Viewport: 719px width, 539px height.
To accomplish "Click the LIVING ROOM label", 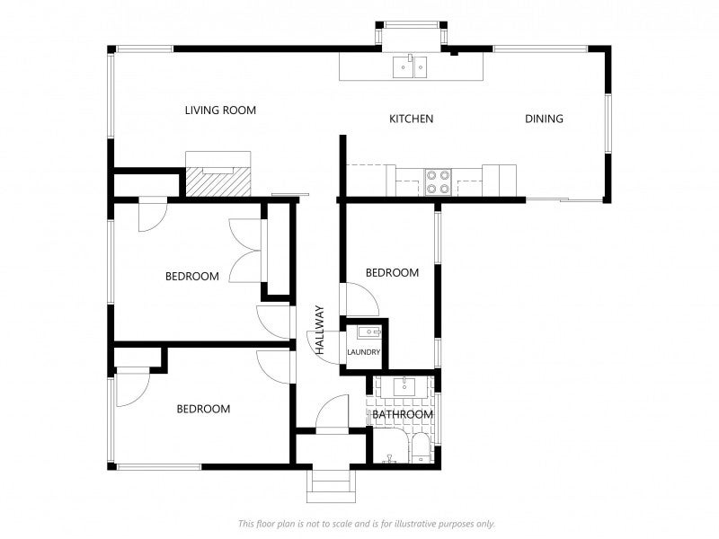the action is (220, 110).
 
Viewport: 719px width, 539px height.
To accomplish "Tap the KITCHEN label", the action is (412, 119).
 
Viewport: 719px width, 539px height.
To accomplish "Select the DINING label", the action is (544, 119).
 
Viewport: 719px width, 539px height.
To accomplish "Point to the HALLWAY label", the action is (320, 330).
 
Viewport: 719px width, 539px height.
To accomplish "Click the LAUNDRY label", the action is (364, 352).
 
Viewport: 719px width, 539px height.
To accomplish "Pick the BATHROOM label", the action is (403, 415).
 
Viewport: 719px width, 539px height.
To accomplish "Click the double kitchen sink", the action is (410, 66).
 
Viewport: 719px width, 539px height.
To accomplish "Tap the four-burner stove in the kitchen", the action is (438, 182).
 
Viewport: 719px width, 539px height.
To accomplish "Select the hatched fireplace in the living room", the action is (218, 182).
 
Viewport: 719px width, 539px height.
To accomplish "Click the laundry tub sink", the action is (369, 332).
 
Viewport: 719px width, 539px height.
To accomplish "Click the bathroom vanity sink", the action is (404, 387).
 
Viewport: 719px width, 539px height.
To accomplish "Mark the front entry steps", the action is (331, 486).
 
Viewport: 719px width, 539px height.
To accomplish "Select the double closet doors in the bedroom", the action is (245, 251).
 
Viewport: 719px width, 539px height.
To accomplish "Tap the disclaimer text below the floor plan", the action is (367, 524).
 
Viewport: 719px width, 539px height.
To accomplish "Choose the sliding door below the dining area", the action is (564, 199).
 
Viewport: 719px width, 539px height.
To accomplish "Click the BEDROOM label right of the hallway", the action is (392, 273).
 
